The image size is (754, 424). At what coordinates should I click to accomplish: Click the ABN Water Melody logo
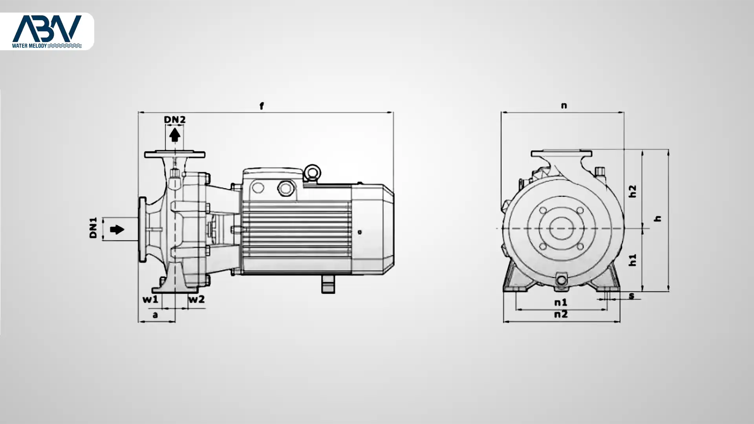(47, 31)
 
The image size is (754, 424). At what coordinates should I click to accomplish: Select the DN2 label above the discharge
(174, 119)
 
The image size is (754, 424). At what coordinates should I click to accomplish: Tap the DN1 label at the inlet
(93, 228)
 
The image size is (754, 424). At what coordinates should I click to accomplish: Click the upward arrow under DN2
(174, 135)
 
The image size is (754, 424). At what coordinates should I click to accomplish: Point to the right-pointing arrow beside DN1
(117, 229)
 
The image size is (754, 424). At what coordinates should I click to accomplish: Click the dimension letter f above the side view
(262, 106)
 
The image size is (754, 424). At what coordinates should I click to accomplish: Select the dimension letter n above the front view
(564, 105)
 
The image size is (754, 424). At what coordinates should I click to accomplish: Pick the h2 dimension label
(632, 191)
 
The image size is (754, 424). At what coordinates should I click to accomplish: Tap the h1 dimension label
(632, 260)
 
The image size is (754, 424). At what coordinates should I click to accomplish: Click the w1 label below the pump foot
(150, 300)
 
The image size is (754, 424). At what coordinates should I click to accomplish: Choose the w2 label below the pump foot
(196, 300)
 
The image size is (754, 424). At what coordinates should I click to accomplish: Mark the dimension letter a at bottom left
(155, 315)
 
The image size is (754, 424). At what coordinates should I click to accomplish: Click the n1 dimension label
(561, 302)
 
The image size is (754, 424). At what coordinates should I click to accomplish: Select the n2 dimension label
(561, 314)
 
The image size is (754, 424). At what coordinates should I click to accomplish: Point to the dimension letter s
(631, 296)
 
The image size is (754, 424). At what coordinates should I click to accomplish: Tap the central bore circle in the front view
(561, 228)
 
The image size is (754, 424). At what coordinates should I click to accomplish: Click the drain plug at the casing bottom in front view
(562, 280)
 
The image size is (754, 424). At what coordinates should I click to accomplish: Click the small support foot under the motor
(328, 284)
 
